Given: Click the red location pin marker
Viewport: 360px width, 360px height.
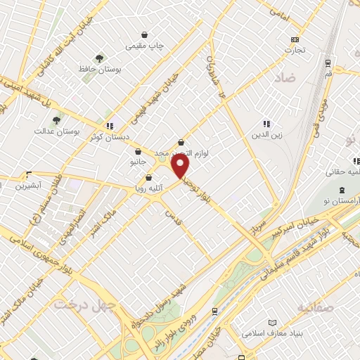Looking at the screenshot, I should pos(181,167).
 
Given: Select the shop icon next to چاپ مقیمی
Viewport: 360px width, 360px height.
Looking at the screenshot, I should pos(145,34).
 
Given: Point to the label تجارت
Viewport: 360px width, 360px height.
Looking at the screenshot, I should pos(294,50).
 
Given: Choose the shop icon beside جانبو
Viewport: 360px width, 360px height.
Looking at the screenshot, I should pos(139,151).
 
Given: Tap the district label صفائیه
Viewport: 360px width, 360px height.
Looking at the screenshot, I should pos(314,307).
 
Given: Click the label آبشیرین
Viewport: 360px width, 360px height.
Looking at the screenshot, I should pos(30,186).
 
